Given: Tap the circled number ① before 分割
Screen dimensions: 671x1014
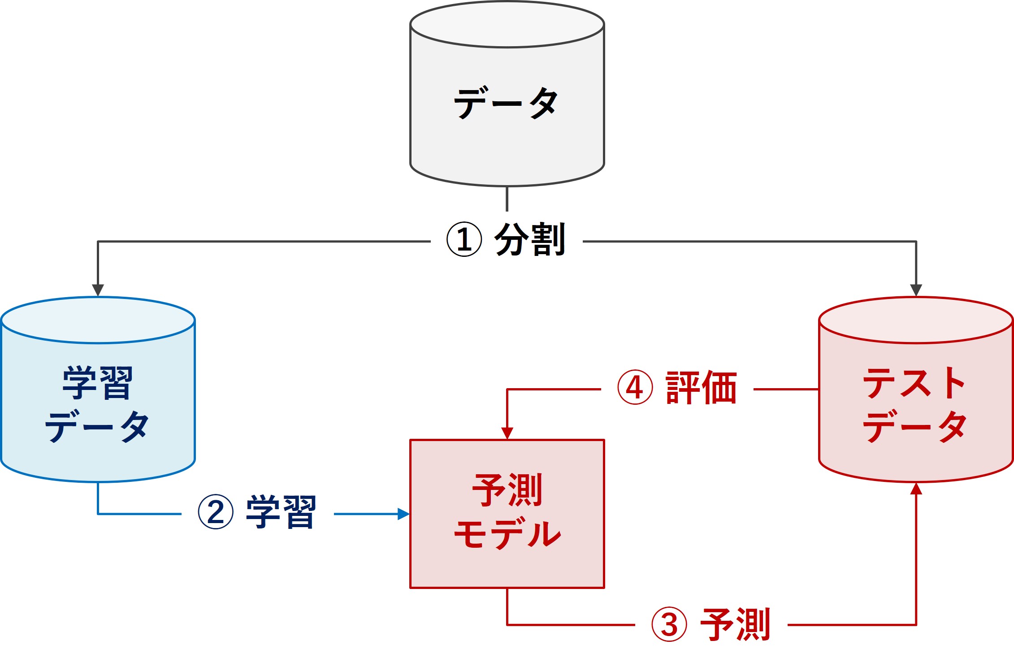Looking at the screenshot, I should point(464,239).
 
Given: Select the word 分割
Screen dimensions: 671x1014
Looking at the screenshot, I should point(529,239).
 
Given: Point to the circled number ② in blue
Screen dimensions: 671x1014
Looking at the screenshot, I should point(216,512).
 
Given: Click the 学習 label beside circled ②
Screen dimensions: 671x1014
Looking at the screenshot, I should point(281,512).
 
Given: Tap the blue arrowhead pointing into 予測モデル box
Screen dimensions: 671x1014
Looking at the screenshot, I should point(403,514).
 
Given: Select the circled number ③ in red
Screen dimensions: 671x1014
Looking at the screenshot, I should point(669,624).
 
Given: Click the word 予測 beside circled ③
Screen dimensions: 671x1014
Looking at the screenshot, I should point(735,624).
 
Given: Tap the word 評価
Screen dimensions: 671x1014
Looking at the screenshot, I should point(701,388).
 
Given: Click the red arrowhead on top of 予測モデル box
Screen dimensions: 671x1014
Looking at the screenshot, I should point(507,433).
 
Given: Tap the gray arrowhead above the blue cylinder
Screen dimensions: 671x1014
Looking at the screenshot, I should point(98,290).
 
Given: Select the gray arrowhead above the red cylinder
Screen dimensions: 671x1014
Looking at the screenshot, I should point(916,290).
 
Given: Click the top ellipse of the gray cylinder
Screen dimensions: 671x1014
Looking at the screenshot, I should point(507,25).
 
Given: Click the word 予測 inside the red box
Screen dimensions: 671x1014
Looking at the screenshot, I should point(507,490).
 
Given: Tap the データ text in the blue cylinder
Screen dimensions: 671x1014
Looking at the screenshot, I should point(97,426).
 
